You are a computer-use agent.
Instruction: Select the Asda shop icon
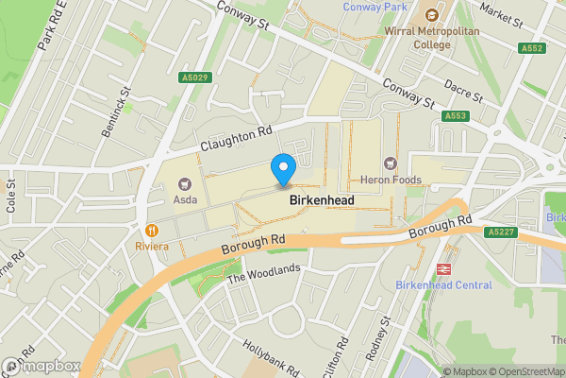(x=184, y=183)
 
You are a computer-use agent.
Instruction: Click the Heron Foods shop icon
(x=391, y=163)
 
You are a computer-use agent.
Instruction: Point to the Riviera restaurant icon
(x=151, y=230)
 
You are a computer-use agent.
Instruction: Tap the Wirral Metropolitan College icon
(x=432, y=15)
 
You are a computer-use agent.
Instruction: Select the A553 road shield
(x=456, y=116)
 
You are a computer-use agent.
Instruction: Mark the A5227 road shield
(x=502, y=232)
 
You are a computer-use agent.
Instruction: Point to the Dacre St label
(x=462, y=92)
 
